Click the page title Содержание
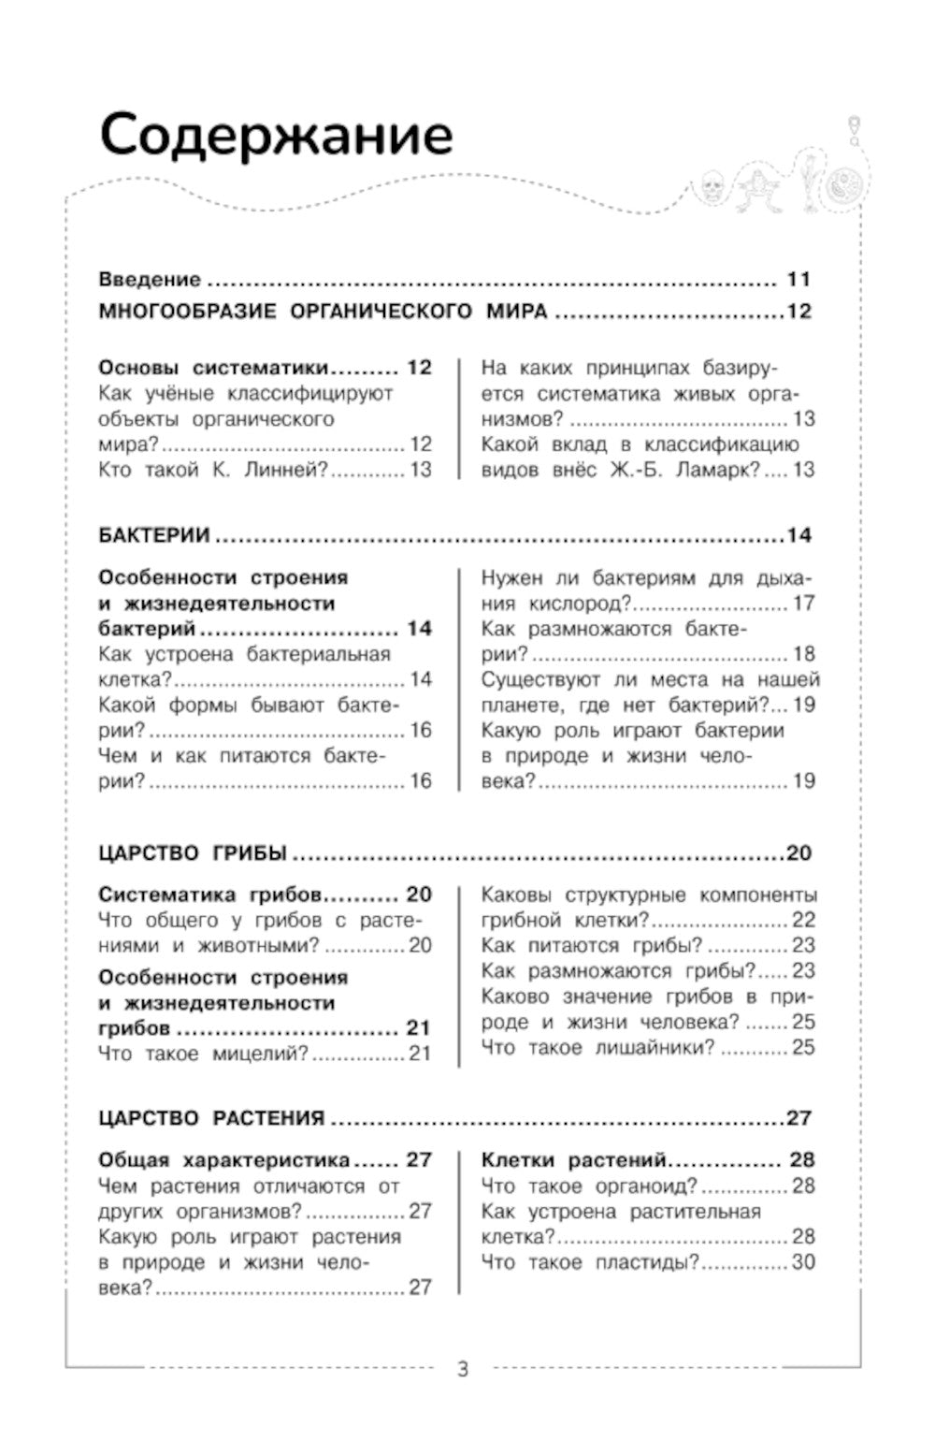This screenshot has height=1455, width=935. [276, 137]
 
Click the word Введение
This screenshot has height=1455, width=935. [150, 279]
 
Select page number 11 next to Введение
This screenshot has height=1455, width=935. [798, 279]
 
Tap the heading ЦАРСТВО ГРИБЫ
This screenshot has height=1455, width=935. [192, 853]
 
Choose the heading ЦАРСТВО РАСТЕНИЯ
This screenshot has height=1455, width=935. [211, 1118]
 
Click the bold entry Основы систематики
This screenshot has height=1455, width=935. [214, 368]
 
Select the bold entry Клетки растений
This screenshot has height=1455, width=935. [573, 1160]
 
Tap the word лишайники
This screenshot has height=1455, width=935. [654, 1048]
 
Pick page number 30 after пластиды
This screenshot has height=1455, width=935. [803, 1262]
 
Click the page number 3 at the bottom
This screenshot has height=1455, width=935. [463, 1370]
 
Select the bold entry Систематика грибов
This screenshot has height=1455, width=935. [210, 895]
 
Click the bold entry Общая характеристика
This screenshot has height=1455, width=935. [223, 1160]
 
